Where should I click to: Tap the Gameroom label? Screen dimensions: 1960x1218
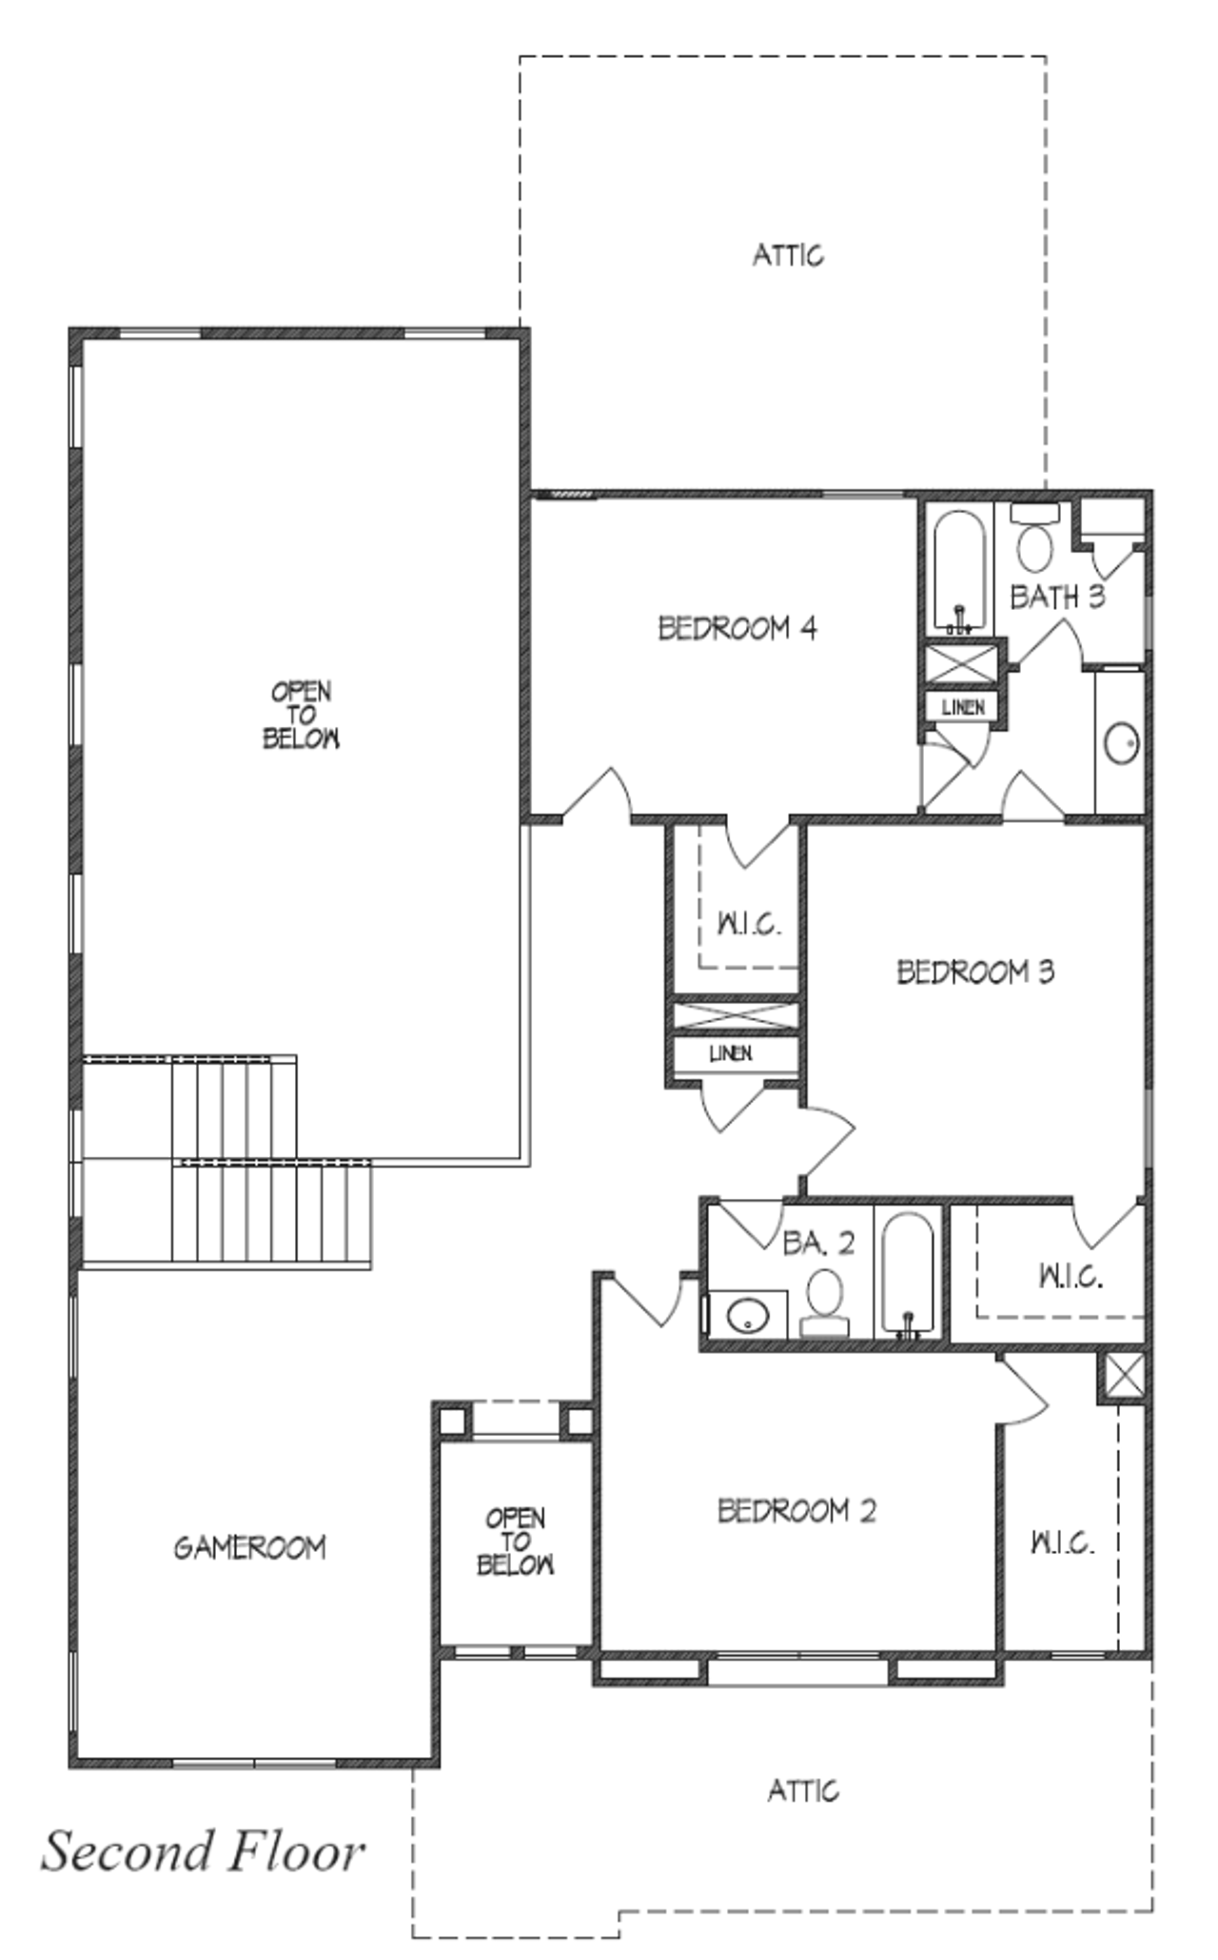click(x=249, y=1548)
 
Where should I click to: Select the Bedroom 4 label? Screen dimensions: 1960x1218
click(x=737, y=628)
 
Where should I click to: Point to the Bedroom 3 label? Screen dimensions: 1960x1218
click(x=975, y=971)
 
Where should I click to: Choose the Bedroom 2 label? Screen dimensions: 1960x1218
click(x=796, y=1511)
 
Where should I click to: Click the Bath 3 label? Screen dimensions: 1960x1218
click(x=1057, y=598)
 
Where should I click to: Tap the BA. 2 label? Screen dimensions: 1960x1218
click(x=818, y=1243)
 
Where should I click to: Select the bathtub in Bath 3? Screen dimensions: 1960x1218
click(x=959, y=571)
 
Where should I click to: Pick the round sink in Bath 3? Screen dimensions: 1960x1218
click(x=1122, y=743)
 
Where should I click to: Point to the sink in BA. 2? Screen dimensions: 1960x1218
click(x=747, y=1317)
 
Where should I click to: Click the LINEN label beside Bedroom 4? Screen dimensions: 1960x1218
click(x=963, y=708)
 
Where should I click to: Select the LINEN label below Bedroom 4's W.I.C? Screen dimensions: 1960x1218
click(x=731, y=1053)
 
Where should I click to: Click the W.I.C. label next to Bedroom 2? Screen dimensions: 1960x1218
click(x=1062, y=1541)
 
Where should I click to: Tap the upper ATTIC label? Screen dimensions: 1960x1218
click(x=788, y=255)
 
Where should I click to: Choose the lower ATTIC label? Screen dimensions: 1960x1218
click(x=803, y=1791)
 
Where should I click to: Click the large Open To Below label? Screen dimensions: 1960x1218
click(x=301, y=715)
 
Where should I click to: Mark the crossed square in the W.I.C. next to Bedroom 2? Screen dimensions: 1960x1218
click(x=1123, y=1376)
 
